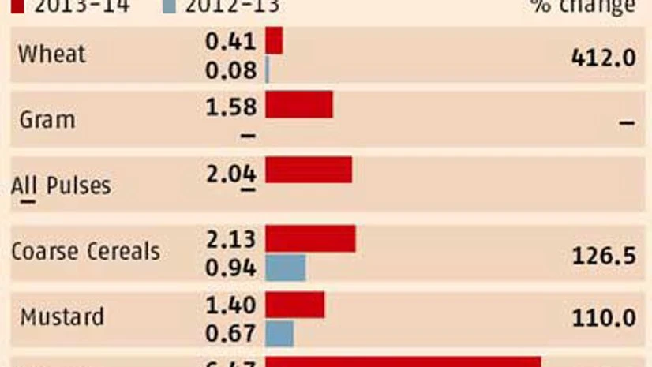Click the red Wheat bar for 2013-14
point(274,41)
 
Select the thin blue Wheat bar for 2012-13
point(268,70)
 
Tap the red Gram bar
point(298,104)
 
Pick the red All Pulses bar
point(308,170)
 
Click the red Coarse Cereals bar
point(310,238)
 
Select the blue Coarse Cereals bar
point(285,268)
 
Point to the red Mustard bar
point(294,305)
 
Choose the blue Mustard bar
point(279,333)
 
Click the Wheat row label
point(51,54)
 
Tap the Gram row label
point(47,120)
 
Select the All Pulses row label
point(61,187)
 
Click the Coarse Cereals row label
point(85,252)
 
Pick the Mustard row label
point(62,317)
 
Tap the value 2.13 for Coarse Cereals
point(230,239)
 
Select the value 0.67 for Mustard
point(230,334)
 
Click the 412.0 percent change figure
point(602,57)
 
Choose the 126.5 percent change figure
point(602,255)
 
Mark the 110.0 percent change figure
point(602,319)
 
